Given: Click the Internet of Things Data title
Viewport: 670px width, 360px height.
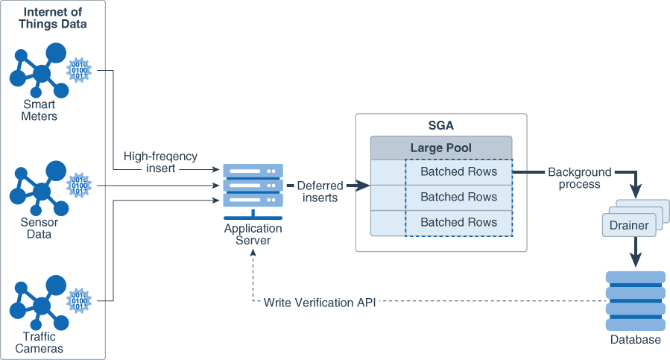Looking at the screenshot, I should (x=54, y=18).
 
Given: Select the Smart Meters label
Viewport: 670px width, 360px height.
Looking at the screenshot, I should (x=39, y=110).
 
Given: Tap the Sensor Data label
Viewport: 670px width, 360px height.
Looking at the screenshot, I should (x=39, y=228).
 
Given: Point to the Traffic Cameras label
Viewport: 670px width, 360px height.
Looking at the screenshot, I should (x=39, y=343).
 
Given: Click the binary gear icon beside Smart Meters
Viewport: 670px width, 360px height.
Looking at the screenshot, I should (x=78, y=70).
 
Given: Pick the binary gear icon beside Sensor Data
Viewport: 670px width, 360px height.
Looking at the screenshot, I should (x=78, y=186).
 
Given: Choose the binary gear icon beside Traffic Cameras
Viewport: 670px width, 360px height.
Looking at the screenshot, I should (x=78, y=301).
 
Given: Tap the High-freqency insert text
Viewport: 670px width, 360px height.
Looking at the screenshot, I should (x=161, y=162).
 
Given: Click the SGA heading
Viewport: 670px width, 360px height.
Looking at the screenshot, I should (x=441, y=125).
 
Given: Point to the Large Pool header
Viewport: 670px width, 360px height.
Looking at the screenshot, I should (x=441, y=148).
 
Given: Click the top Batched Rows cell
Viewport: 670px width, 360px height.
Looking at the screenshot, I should (x=458, y=172).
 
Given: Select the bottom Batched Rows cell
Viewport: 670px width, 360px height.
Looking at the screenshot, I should (x=458, y=222).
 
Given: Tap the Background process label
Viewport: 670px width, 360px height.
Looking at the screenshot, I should (x=579, y=178).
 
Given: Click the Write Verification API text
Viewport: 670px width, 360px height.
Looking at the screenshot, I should (x=319, y=302).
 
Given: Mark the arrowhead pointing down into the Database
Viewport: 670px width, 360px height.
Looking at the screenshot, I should (x=634, y=261).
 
